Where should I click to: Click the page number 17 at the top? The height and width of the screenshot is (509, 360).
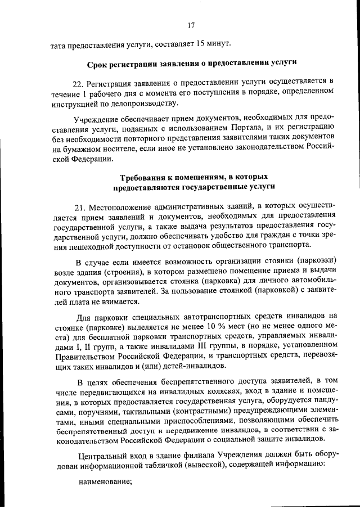(x=191, y=25)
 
